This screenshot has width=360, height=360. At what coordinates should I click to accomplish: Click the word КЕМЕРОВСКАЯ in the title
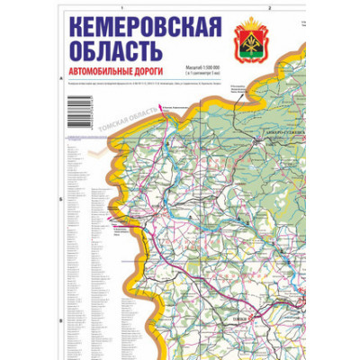144,29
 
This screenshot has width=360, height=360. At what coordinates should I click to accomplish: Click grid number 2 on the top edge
269,7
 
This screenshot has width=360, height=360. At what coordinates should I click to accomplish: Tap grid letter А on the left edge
58,78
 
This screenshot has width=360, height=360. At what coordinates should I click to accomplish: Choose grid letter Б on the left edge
58,199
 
